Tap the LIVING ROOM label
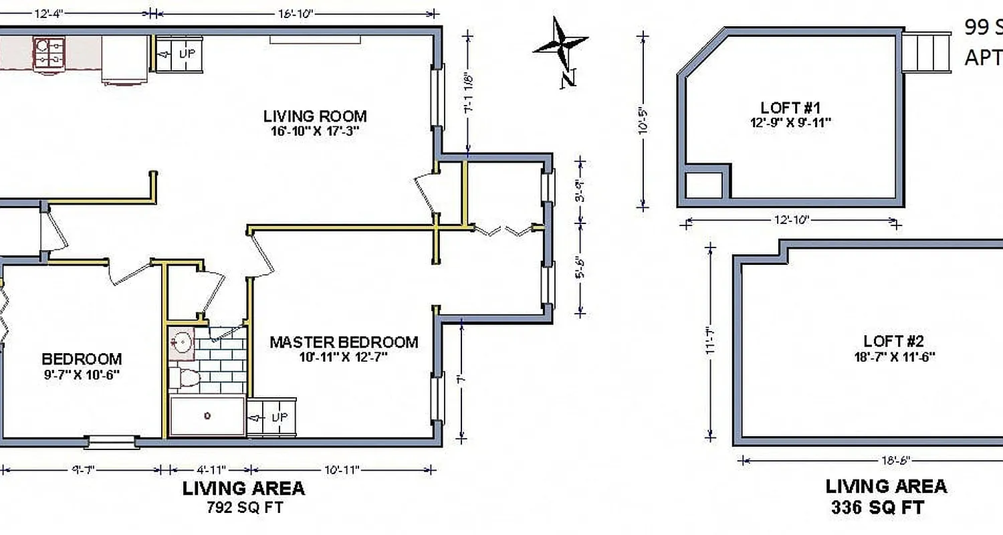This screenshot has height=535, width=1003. [315, 116]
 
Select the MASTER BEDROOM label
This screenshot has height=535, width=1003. [344, 342]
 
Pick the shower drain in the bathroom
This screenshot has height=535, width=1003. [207, 416]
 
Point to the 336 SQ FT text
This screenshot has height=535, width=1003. [877, 508]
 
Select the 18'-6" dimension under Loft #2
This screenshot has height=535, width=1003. [890, 460]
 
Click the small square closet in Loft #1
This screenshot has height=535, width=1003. [704, 185]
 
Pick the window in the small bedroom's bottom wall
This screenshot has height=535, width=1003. [111, 441]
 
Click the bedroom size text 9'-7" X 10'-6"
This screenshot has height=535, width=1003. [82, 374]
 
